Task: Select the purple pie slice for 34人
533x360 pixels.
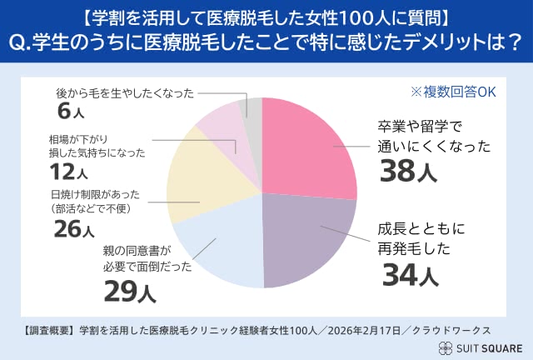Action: pyautogui.click(x=304, y=237)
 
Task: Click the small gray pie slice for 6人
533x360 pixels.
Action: pyautogui.click(x=247, y=109)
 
